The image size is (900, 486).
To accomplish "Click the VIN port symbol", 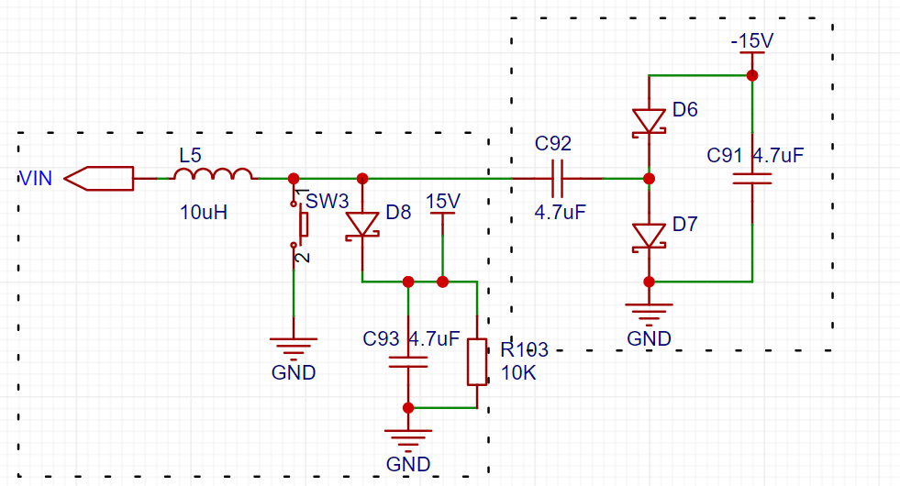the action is (x=99, y=179).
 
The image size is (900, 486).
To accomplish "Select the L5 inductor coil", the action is (x=213, y=174).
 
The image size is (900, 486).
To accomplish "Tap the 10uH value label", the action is (x=204, y=213).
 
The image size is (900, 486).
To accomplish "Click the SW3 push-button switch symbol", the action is (x=300, y=225).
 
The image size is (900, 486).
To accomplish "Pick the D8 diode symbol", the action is (x=362, y=225).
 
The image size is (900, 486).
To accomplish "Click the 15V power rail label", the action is (x=443, y=202).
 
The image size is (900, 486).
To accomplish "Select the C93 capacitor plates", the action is (x=408, y=362).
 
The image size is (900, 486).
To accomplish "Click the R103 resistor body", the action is (x=477, y=362).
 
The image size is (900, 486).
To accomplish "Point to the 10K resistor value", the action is (x=518, y=373).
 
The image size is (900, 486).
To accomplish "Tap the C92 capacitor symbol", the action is (x=557, y=179).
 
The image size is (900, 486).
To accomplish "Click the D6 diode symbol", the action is (x=650, y=122).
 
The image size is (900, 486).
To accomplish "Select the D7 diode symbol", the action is (x=650, y=237).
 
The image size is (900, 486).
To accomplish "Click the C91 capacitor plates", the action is (x=752, y=179).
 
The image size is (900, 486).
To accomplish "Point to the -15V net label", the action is (x=752, y=40).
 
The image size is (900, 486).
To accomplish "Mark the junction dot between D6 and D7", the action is (x=650, y=179).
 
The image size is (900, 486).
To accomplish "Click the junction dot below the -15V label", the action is (x=752, y=75).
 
